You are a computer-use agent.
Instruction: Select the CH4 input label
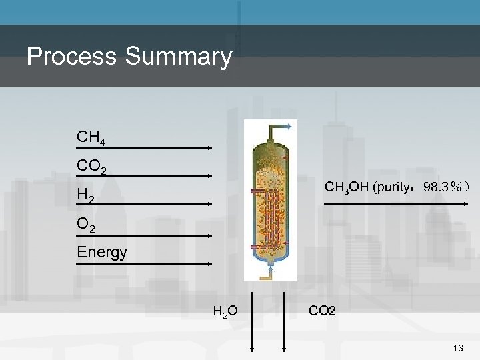[91, 138]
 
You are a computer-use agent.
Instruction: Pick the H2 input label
[85, 196]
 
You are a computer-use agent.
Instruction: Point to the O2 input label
[86, 225]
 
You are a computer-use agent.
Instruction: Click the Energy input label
[102, 252]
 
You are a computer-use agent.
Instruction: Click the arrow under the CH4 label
[143, 148]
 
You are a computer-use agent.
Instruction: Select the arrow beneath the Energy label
[143, 265]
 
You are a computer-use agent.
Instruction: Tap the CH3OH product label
[346, 187]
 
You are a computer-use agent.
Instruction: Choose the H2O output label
[225, 310]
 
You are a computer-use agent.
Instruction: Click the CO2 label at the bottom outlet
[323, 310]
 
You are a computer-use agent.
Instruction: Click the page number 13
[458, 348]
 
